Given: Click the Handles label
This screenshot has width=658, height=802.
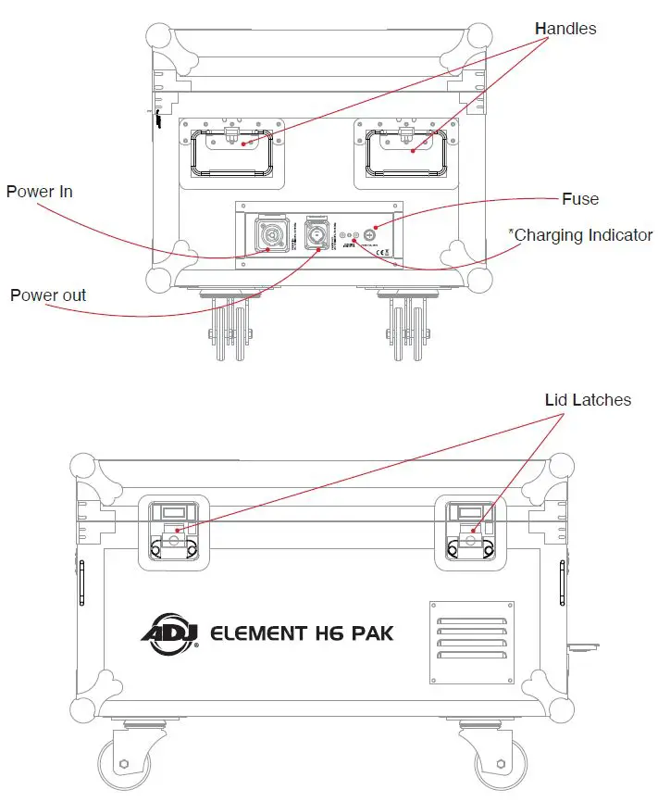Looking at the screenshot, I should pyautogui.click(x=565, y=29).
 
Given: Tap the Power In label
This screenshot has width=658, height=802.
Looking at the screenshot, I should pyautogui.click(x=39, y=192).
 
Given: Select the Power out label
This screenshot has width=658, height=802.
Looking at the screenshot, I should pyautogui.click(x=48, y=295).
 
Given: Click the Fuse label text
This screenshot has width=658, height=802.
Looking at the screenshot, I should pyautogui.click(x=580, y=199).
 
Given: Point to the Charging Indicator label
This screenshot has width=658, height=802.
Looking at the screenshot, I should pyautogui.click(x=581, y=235).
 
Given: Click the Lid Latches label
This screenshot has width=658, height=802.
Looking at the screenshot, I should pyautogui.click(x=587, y=400).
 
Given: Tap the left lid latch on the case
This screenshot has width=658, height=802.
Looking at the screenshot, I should pyautogui.click(x=173, y=533).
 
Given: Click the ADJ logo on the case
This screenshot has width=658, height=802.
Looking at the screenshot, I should pyautogui.click(x=166, y=633).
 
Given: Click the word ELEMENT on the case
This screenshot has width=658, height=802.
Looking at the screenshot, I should pyautogui.click(x=259, y=633).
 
